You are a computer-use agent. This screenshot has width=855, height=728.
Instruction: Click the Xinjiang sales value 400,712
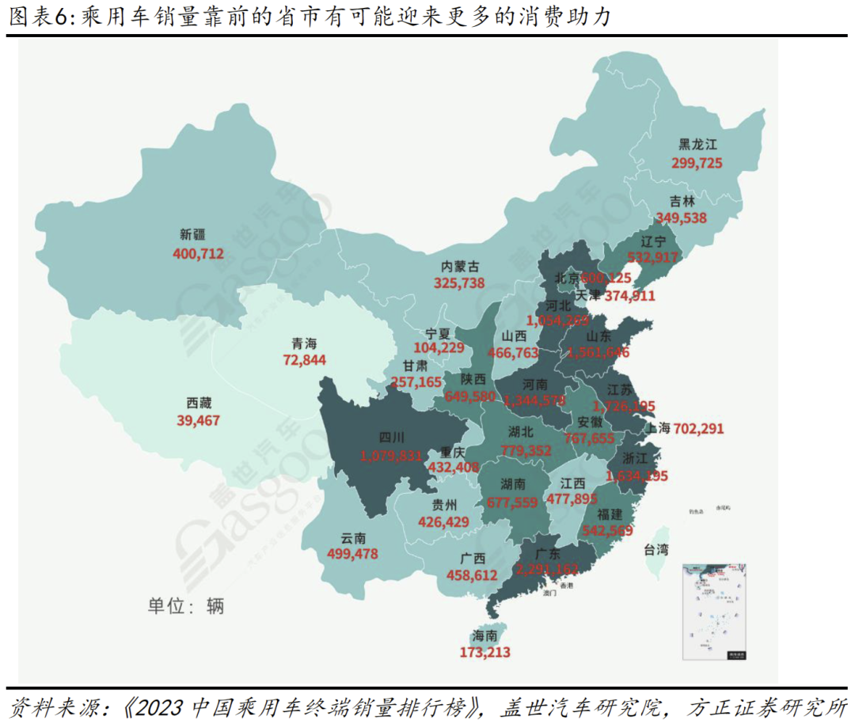pyautogui.click(x=198, y=254)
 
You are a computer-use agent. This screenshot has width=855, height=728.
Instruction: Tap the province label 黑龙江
pyautogui.click(x=697, y=145)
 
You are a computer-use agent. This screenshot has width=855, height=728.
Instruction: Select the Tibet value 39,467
pyautogui.click(x=198, y=420)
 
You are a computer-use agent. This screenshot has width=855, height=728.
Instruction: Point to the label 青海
pyautogui.click(x=304, y=343)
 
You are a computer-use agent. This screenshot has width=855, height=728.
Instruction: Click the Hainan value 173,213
pyautogui.click(x=484, y=653)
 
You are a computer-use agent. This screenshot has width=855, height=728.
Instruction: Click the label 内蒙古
pyautogui.click(x=460, y=267)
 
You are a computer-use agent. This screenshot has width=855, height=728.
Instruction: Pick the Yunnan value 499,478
pyautogui.click(x=352, y=553)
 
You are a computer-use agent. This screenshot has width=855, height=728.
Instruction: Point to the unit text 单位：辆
pyautogui.click(x=186, y=606)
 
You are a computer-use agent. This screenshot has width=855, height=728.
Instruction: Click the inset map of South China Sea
pyautogui.click(x=715, y=610)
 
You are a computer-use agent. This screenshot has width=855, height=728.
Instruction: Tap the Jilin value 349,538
pyautogui.click(x=681, y=217)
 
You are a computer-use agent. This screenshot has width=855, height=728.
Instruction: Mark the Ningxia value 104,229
pyautogui.click(x=439, y=348)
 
